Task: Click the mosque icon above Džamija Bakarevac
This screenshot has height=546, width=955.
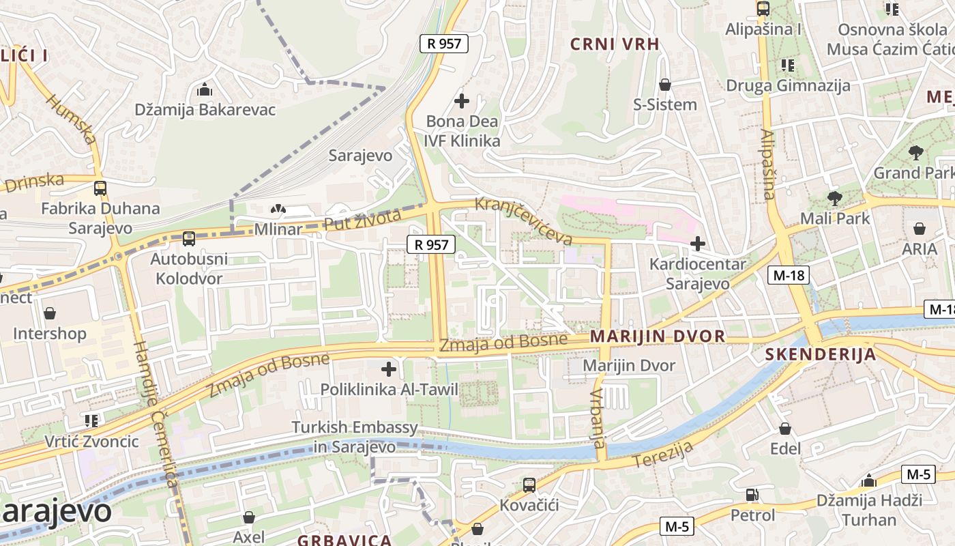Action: point(204,90)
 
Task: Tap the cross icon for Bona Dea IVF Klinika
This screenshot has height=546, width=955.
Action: point(462,102)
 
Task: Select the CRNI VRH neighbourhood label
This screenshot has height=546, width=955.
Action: point(615,44)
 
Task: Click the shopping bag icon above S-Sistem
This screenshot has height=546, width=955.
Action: point(665,85)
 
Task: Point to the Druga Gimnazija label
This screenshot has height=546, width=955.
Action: point(788,85)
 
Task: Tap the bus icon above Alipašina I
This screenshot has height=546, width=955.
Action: point(763,10)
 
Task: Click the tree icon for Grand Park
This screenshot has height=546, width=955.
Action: point(915,153)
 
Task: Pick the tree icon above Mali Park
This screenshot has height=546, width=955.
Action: point(834,199)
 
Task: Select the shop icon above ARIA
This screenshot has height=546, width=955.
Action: point(920,229)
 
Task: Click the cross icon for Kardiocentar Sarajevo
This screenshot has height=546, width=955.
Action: point(698,244)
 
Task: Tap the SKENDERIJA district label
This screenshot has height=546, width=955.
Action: point(821,354)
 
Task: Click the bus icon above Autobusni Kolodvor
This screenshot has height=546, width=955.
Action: point(189,239)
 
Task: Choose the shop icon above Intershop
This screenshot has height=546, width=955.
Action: point(50,313)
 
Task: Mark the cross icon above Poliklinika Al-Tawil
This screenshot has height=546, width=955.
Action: point(389,370)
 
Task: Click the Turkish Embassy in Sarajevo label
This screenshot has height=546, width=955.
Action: point(355,437)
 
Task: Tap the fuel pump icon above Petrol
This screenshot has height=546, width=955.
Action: point(752,495)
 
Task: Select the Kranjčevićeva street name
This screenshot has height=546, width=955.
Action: point(523,221)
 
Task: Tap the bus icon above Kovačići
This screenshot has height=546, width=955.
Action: point(529,485)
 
